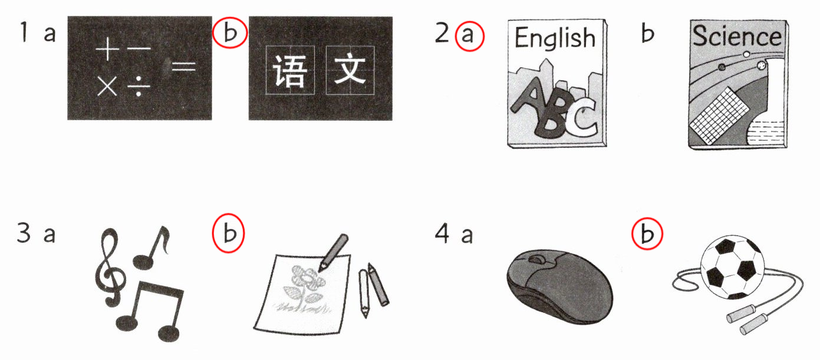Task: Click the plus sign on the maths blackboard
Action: point(107,49)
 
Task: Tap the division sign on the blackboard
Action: point(139,87)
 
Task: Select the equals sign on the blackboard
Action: point(184,66)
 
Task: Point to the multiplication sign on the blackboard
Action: point(107,87)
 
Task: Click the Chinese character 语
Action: point(289,71)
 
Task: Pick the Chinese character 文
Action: point(350,69)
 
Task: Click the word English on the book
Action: point(555,38)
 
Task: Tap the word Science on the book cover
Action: point(737,36)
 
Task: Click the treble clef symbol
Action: point(110,267)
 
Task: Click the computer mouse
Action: point(559,286)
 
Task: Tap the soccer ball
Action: point(733,267)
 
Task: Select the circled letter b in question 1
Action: point(230,32)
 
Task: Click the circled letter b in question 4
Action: point(647,234)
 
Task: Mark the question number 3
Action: point(24,233)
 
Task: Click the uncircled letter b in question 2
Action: point(647,34)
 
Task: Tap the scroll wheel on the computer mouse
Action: point(537,259)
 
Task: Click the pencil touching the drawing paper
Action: point(333,253)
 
